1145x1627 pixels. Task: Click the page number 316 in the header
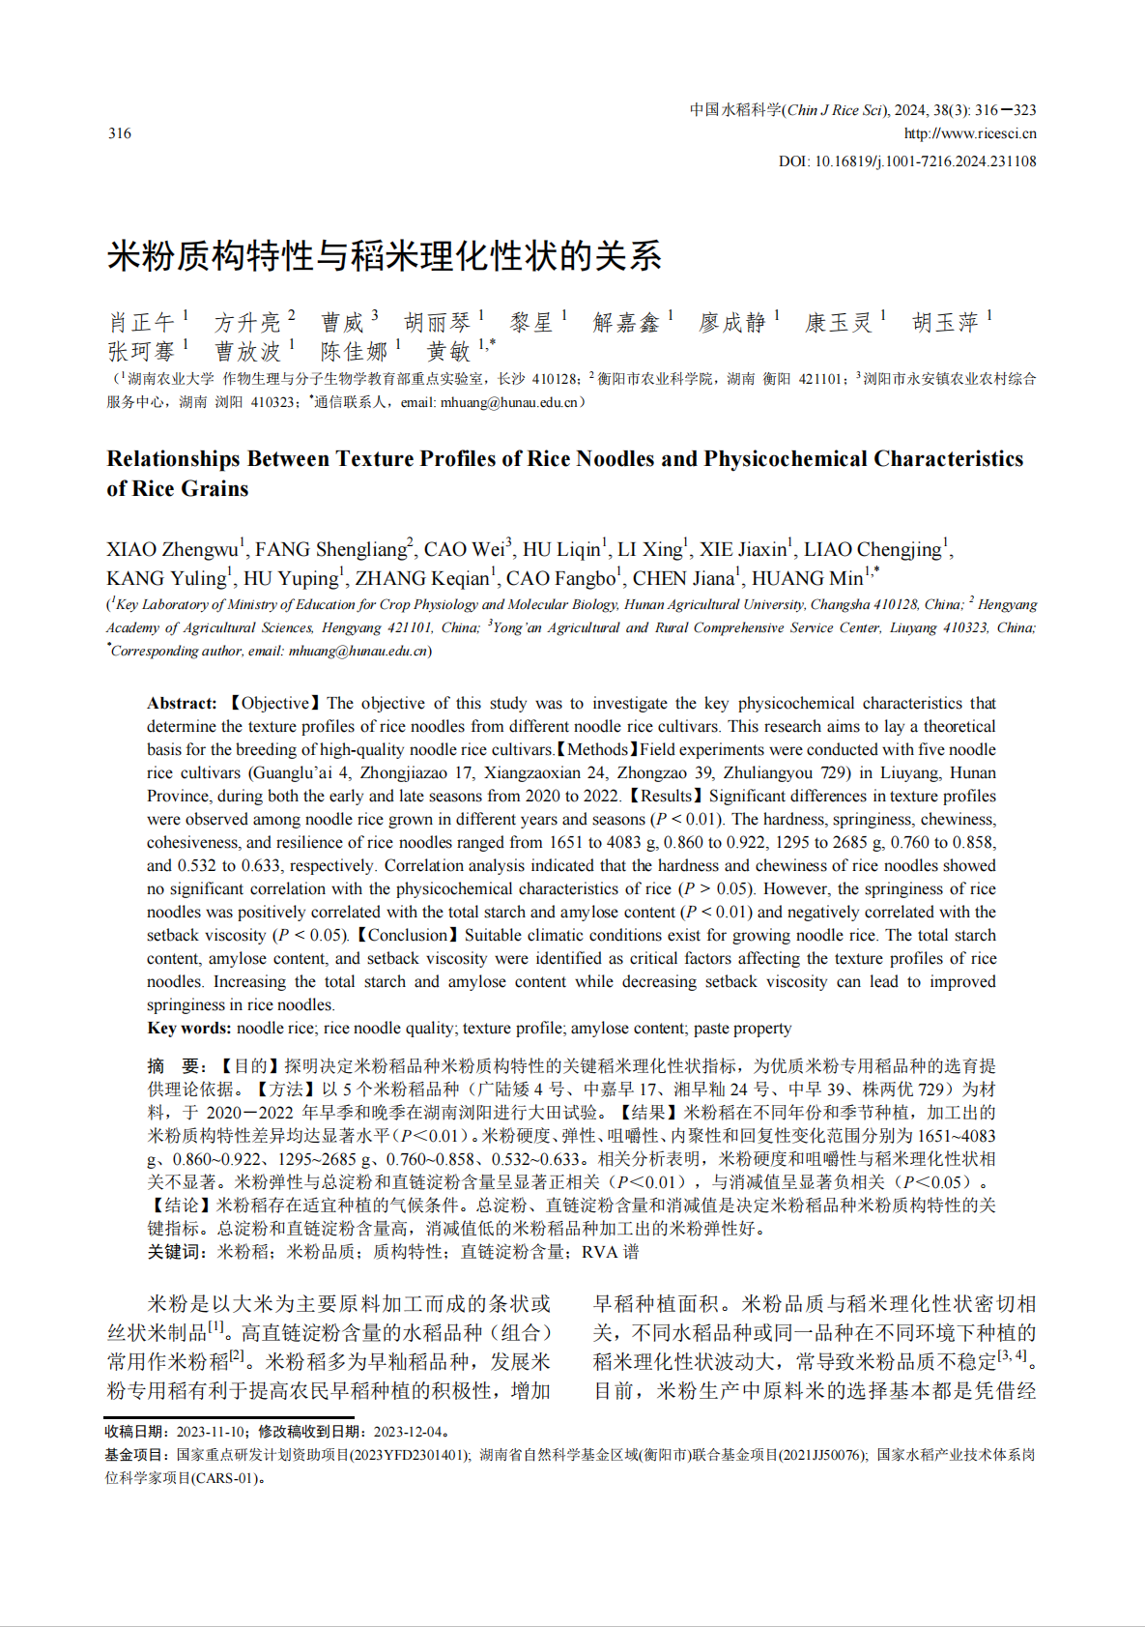point(120,133)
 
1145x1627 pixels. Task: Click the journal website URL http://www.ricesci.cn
point(970,133)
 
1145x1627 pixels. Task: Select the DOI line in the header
point(907,161)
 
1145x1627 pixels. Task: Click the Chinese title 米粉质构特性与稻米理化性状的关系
point(384,256)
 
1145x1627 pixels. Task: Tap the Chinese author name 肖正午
point(141,322)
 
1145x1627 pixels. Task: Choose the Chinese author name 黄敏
point(448,351)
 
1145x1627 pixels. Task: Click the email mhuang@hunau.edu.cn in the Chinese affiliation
point(509,402)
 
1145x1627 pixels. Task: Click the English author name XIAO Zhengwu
point(172,550)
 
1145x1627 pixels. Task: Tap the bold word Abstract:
point(182,704)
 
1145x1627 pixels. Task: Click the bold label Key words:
point(188,1029)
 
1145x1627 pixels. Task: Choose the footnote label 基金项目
point(137,1455)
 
